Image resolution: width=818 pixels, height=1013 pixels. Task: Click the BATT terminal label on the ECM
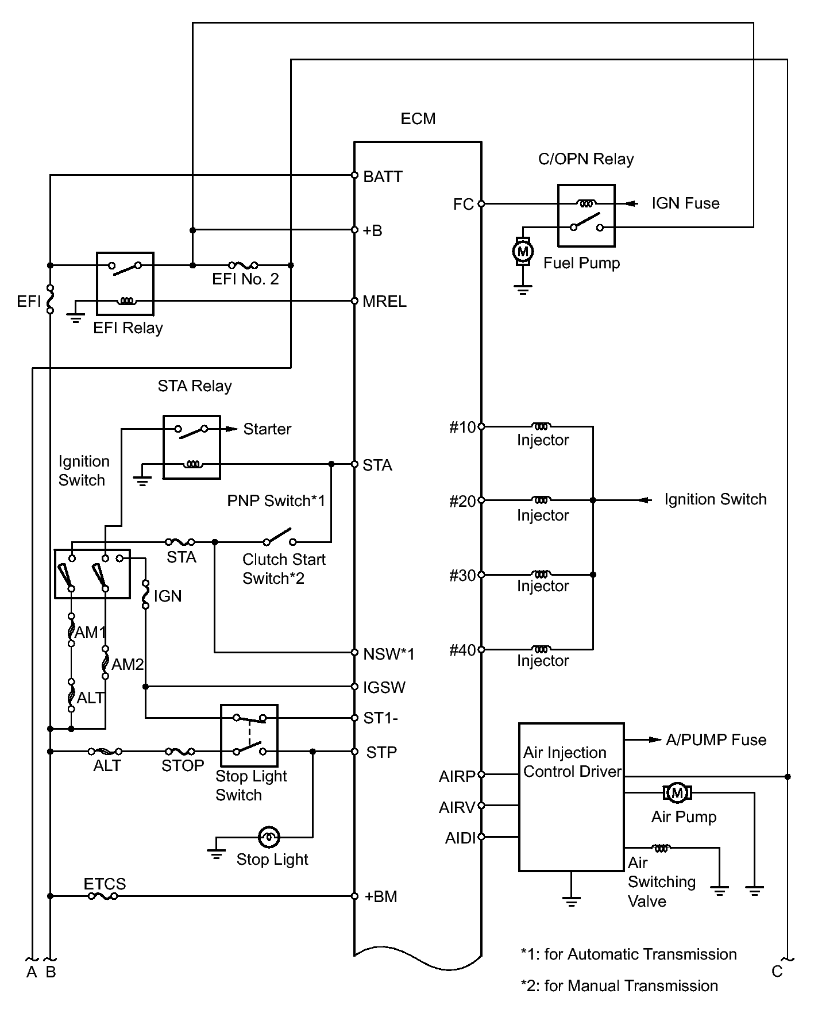[383, 176]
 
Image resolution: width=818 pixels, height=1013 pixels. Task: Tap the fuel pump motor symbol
[523, 252]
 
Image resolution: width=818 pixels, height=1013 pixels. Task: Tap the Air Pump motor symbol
[677, 793]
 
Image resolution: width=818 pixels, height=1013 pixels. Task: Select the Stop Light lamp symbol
[268, 837]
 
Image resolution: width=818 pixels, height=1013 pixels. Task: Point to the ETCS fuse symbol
[103, 896]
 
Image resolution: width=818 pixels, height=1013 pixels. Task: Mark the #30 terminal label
[462, 576]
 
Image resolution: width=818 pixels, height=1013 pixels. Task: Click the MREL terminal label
[384, 302]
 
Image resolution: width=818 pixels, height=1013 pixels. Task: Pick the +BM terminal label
[381, 896]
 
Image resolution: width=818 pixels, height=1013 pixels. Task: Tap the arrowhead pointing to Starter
[231, 429]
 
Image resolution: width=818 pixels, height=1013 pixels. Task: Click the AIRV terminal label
[457, 808]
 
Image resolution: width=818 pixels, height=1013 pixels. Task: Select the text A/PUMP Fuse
[716, 740]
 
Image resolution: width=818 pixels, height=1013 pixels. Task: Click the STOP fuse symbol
[180, 751]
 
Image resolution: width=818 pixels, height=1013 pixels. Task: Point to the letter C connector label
[777, 971]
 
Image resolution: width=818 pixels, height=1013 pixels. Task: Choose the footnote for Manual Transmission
[619, 986]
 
